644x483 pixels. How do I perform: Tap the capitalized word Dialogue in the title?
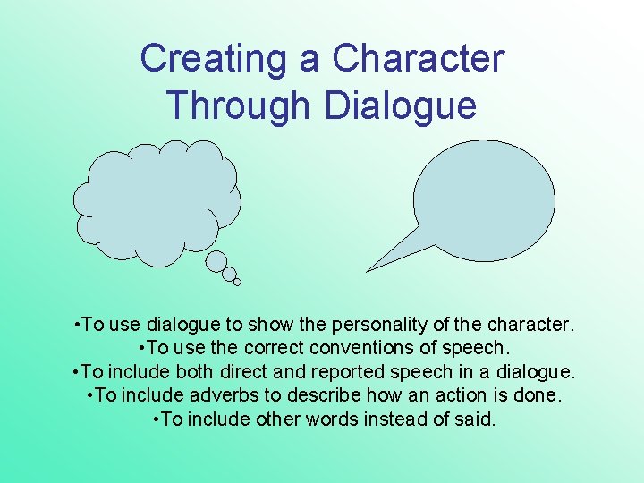[401, 106]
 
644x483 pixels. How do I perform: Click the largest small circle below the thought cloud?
[216, 261]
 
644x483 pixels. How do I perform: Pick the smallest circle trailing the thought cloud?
[237, 283]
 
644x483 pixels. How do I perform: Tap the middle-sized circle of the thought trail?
[229, 274]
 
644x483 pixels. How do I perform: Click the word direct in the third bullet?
[258, 371]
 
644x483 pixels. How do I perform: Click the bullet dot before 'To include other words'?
[158, 419]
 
